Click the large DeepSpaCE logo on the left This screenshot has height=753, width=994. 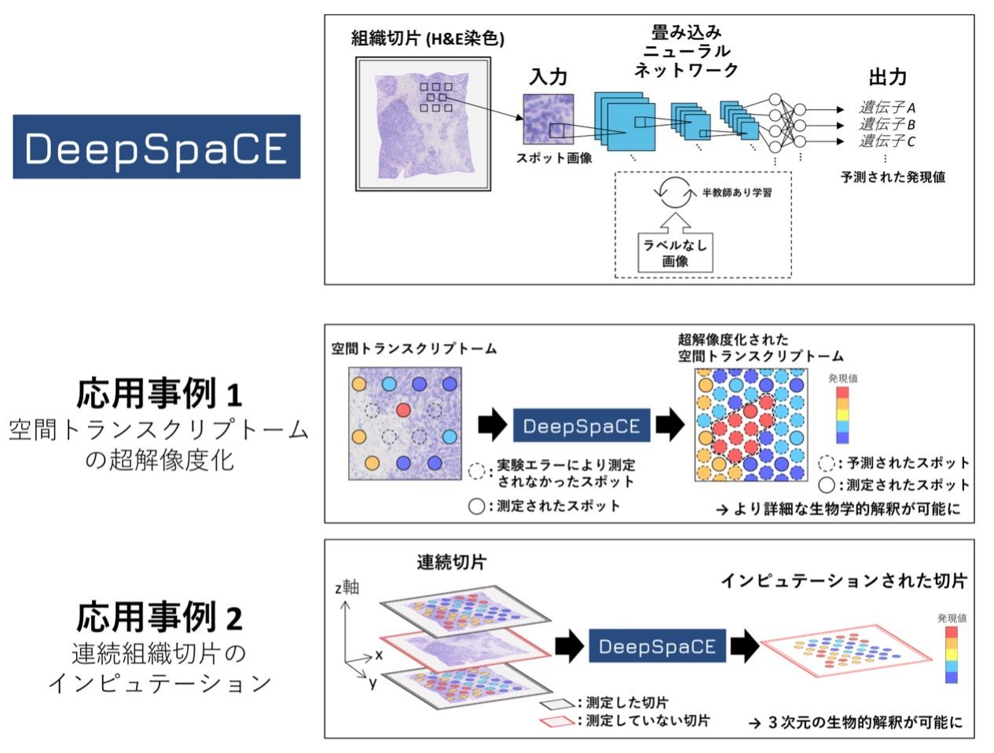pyautogui.click(x=156, y=147)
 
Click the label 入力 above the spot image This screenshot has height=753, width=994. pyautogui.click(x=548, y=77)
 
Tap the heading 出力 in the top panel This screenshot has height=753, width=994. pyautogui.click(x=888, y=77)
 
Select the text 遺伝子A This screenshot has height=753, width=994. pyautogui.click(x=887, y=108)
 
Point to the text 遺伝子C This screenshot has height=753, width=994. pyautogui.click(x=887, y=141)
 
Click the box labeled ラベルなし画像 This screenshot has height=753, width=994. pyautogui.click(x=675, y=253)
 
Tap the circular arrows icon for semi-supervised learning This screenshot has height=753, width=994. pyautogui.click(x=675, y=193)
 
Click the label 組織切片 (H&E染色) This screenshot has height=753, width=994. pyautogui.click(x=427, y=38)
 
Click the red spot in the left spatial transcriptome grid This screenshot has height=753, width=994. pyautogui.click(x=403, y=409)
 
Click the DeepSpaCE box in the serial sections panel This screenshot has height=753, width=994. pyautogui.click(x=657, y=646)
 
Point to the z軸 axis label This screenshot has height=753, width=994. pyautogui.click(x=346, y=587)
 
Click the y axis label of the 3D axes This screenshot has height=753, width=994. pyautogui.click(x=372, y=683)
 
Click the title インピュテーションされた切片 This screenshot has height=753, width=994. pyautogui.click(x=843, y=581)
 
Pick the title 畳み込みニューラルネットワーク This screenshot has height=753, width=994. pyautogui.click(x=686, y=51)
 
